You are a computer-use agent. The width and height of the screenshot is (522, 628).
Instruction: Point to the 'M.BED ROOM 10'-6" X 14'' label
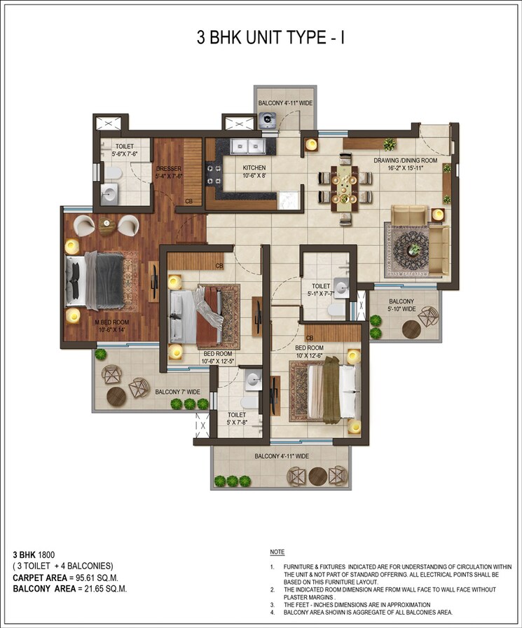coord(98,325)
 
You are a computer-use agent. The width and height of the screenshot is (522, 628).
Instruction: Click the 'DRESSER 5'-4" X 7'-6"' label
coord(169,172)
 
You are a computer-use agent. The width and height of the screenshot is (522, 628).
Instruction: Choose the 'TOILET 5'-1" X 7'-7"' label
coord(321,289)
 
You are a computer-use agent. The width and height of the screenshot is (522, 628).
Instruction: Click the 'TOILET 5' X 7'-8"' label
coord(236,418)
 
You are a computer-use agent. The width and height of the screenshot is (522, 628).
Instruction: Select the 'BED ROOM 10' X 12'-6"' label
coord(309,352)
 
